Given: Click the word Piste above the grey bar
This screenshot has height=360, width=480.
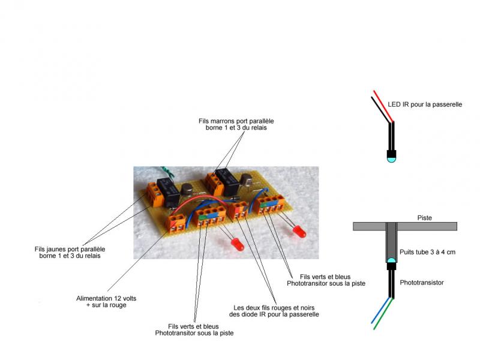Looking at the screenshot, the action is tap(424, 218).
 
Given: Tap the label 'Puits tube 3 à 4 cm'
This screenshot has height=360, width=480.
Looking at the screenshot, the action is tap(427, 252).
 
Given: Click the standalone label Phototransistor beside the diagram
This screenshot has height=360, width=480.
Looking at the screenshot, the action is tap(422, 283).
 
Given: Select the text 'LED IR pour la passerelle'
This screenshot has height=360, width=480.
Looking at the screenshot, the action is tap(425, 104).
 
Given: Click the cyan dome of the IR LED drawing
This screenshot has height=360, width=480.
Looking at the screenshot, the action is tap(391, 159).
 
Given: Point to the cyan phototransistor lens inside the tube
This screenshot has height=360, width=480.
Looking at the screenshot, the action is tap(391, 261).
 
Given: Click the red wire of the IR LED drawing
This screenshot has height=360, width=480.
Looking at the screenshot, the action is tap(383, 106).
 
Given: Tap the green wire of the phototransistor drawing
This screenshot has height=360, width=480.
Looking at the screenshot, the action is tap(383, 313).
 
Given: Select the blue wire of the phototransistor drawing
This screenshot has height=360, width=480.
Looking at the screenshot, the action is tap(381, 310).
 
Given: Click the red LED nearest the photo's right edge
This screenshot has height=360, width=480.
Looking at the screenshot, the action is tap(298, 231).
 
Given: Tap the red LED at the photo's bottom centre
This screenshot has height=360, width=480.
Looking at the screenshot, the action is tap(237, 245).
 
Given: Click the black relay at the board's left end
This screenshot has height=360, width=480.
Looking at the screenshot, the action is tap(168, 192).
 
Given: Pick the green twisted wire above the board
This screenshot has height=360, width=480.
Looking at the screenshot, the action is tap(167, 172).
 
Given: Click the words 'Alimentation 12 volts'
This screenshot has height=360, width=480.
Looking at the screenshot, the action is tap(106, 298).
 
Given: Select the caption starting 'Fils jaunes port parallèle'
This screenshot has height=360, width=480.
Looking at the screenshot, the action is tap(70, 253).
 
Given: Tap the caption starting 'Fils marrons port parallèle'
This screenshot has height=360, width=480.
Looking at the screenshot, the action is tap(236, 124).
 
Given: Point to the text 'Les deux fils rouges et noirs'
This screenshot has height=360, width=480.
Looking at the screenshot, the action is tap(274, 308).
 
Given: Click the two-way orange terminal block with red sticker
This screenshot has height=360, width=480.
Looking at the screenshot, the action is tap(239, 211).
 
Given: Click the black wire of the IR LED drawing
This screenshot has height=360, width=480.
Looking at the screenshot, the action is tap(381, 110).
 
